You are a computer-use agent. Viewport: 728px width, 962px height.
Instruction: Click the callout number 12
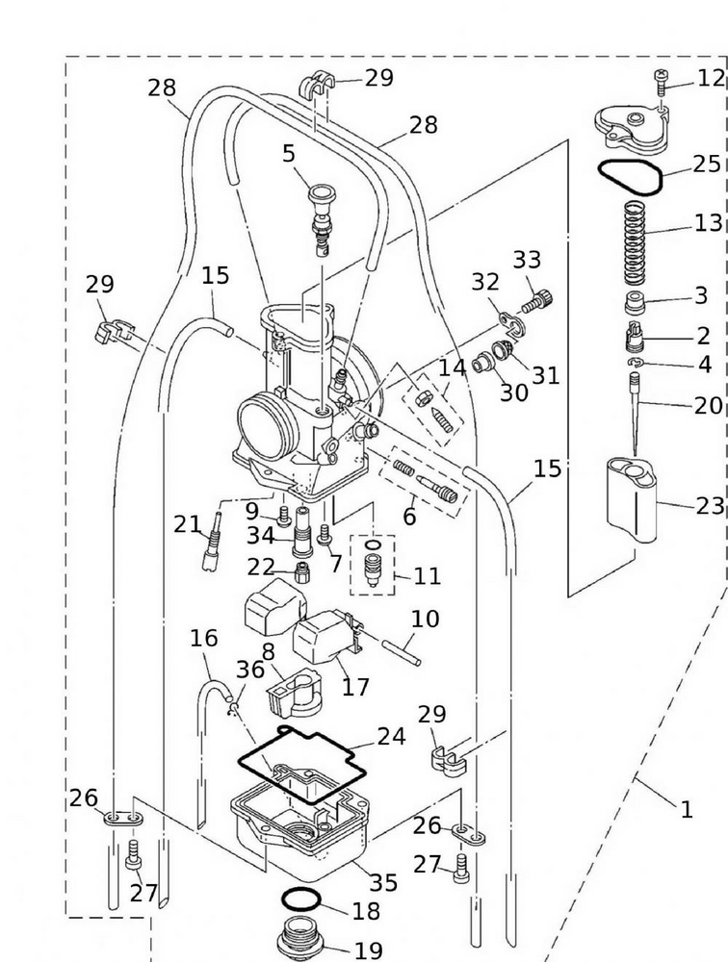710,78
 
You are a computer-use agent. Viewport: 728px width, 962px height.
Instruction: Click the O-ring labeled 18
302,903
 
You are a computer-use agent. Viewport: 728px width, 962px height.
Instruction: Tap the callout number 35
383,882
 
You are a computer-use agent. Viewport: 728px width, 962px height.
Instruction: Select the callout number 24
391,737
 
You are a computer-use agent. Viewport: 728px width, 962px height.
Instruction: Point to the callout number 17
355,687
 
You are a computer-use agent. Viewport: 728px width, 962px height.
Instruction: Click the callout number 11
427,576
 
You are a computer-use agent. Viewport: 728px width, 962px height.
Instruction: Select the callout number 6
409,517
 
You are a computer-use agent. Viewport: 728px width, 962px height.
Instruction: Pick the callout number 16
203,638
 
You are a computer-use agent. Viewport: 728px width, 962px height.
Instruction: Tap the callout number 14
452,367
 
